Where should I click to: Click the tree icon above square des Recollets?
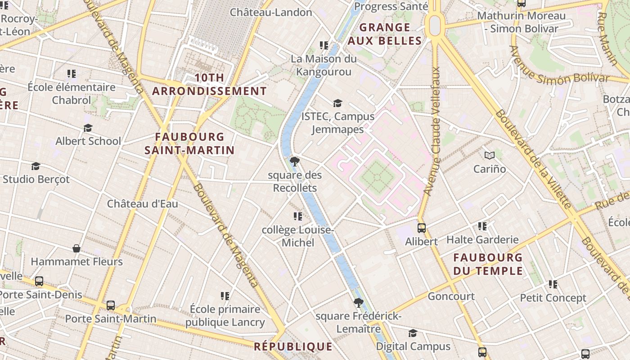click(x=295, y=161)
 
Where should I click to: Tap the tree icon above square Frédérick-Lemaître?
click(x=358, y=302)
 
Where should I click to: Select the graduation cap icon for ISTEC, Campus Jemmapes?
click(x=337, y=103)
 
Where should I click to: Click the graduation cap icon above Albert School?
click(x=88, y=128)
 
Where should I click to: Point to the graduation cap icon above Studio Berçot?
click(x=36, y=166)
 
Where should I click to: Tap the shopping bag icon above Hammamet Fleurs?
click(x=76, y=248)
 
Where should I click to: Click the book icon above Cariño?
click(x=490, y=156)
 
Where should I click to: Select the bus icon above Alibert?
click(x=421, y=228)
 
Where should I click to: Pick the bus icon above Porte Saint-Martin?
click(x=111, y=306)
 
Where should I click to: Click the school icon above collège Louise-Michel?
click(x=297, y=217)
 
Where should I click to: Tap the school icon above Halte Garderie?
click(x=482, y=226)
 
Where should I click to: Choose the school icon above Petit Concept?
click(x=553, y=284)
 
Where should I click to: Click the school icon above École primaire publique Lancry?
click(x=225, y=296)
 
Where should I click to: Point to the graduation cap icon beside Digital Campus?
click(x=413, y=333)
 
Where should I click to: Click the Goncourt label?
click(x=451, y=296)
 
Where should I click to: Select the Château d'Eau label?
click(x=142, y=204)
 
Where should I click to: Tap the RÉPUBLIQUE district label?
click(x=293, y=346)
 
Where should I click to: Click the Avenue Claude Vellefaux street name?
click(x=432, y=131)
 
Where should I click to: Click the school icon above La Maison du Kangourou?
click(x=324, y=45)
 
